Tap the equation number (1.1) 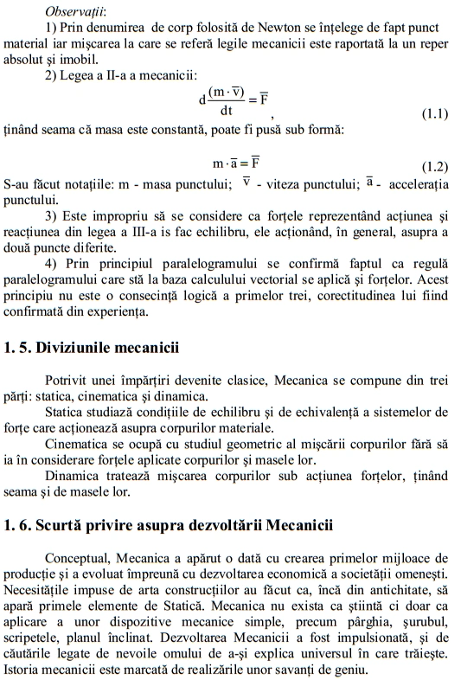click(x=434, y=114)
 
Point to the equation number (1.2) click(x=434, y=165)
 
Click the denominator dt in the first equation click(x=226, y=110)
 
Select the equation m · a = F click(x=236, y=163)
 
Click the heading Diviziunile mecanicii click(x=103, y=349)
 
